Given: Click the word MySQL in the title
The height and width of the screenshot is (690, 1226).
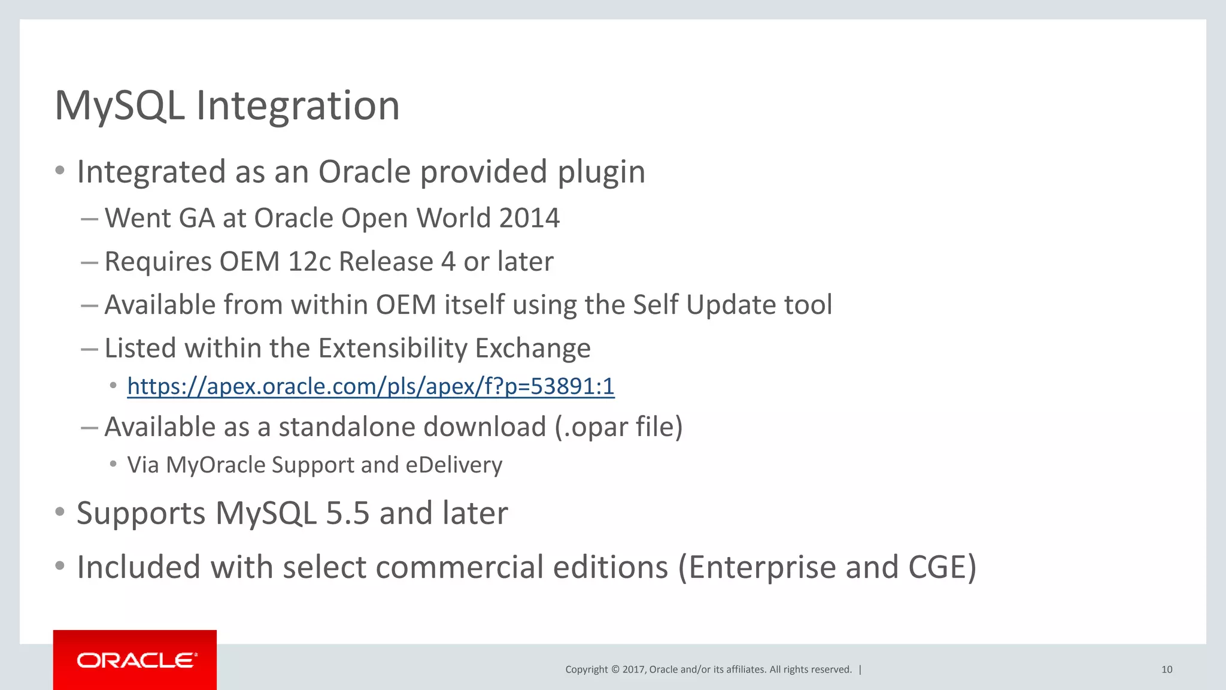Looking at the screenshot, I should click(x=119, y=106).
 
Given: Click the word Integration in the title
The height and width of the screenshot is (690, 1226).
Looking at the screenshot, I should click(x=298, y=106).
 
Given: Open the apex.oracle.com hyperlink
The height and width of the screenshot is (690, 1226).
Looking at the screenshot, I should click(x=371, y=386).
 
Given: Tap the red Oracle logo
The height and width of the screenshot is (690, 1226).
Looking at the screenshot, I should click(x=135, y=660).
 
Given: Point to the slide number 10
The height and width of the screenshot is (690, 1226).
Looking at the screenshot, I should click(x=1166, y=670).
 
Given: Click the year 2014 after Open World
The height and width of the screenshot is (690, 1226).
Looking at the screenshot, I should click(x=529, y=218).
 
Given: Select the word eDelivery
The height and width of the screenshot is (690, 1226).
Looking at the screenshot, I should click(x=454, y=465).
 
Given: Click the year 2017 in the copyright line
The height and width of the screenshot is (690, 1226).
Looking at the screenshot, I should click(x=633, y=670).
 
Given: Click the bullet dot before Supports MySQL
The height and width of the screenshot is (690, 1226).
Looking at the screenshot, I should click(x=59, y=512).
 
